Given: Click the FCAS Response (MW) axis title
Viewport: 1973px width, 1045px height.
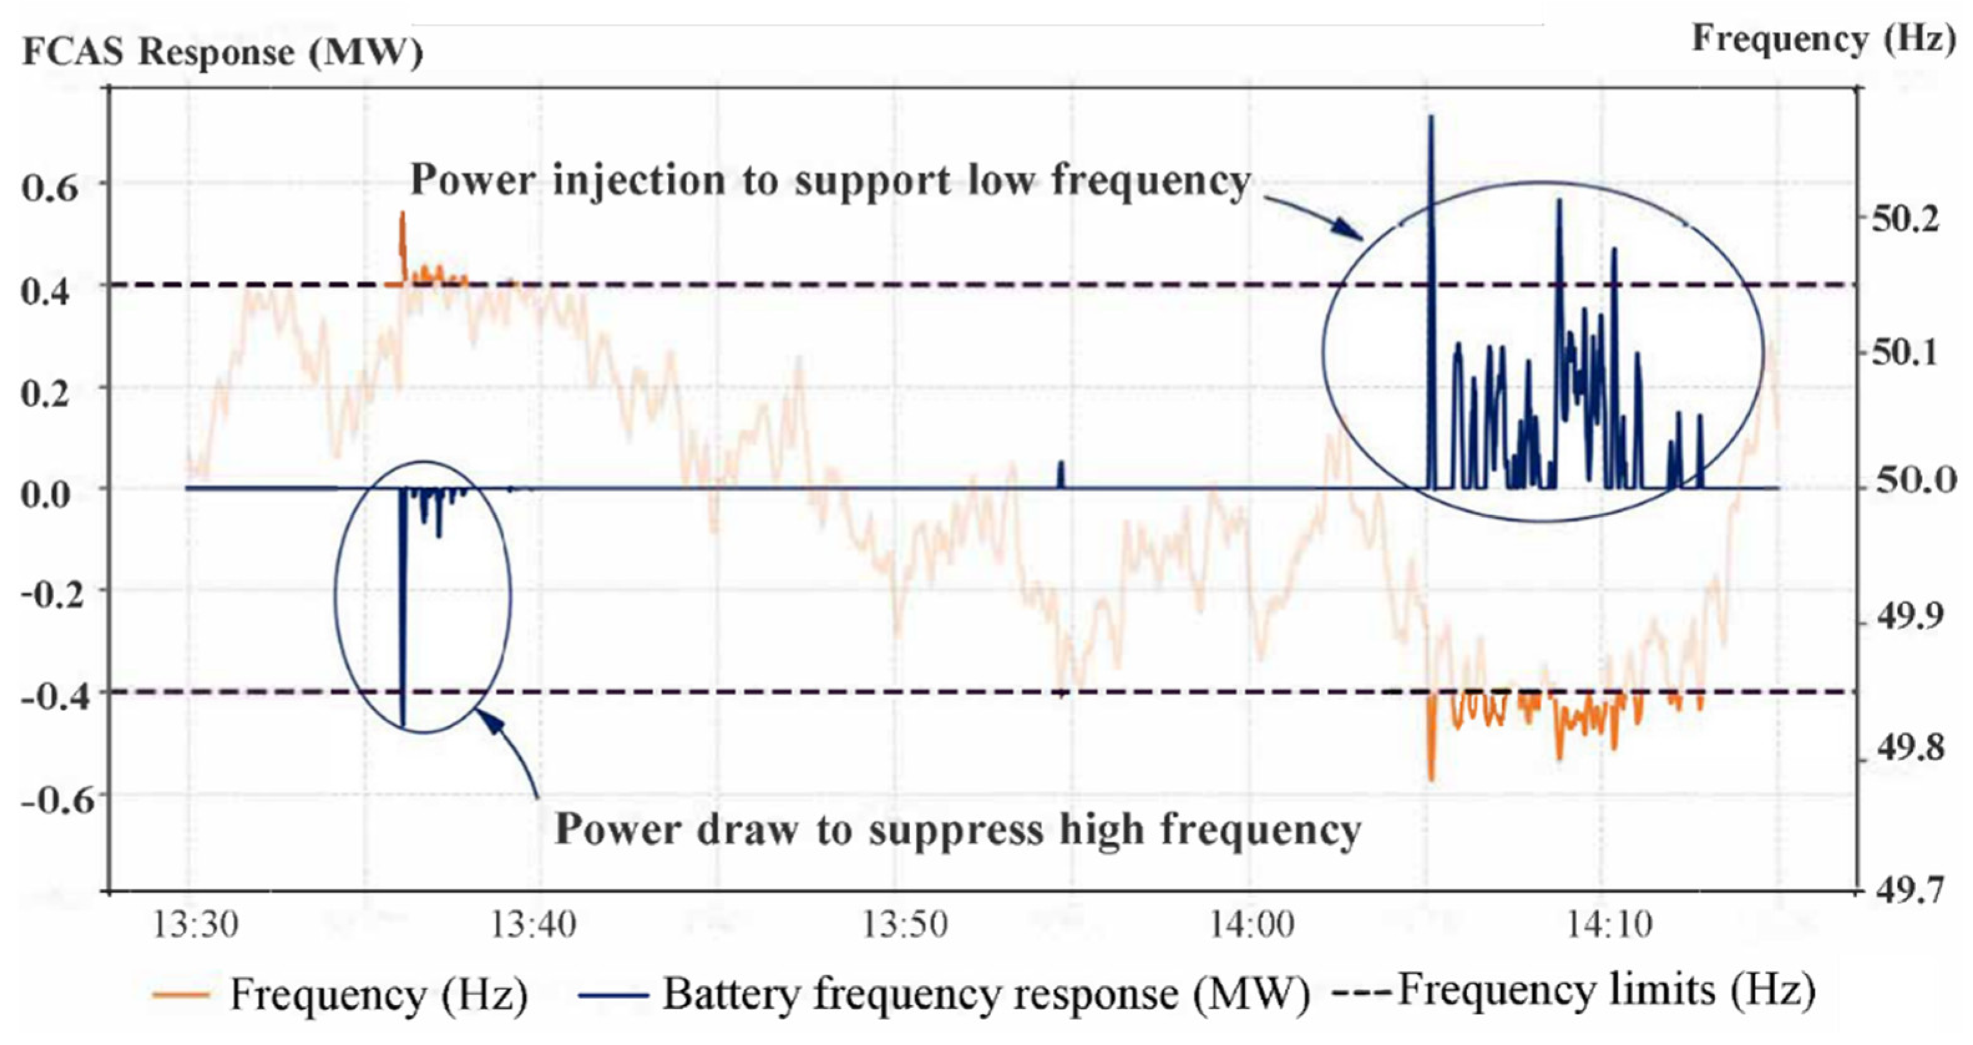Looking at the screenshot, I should [222, 52].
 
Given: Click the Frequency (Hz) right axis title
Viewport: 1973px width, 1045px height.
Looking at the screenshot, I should [1823, 38].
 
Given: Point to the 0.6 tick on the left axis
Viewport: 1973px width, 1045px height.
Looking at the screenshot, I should [50, 186].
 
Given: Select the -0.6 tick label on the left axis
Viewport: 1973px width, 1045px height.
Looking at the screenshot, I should [50, 800].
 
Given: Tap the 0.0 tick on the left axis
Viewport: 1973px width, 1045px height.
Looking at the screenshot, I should [50, 494].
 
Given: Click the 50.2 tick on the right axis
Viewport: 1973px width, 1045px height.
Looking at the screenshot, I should [1905, 220].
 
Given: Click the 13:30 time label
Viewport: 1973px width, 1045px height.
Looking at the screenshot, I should [196, 925].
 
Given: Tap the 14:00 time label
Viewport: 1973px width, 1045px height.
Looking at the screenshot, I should [1252, 925].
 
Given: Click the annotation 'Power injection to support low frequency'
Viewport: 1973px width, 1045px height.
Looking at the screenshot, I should [831, 181].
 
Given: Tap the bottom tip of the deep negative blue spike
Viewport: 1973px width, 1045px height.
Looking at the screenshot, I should [404, 724].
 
